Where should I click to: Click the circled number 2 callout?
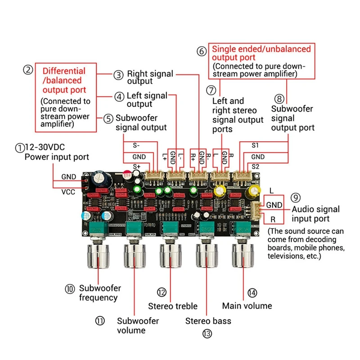[28, 70]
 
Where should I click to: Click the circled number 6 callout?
[202, 51]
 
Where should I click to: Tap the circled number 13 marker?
[207, 333]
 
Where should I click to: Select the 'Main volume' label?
[247, 306]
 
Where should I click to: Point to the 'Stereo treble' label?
[173, 306]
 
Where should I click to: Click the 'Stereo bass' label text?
[208, 321]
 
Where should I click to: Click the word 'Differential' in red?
[63, 71]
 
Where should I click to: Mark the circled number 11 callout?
[99, 320]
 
